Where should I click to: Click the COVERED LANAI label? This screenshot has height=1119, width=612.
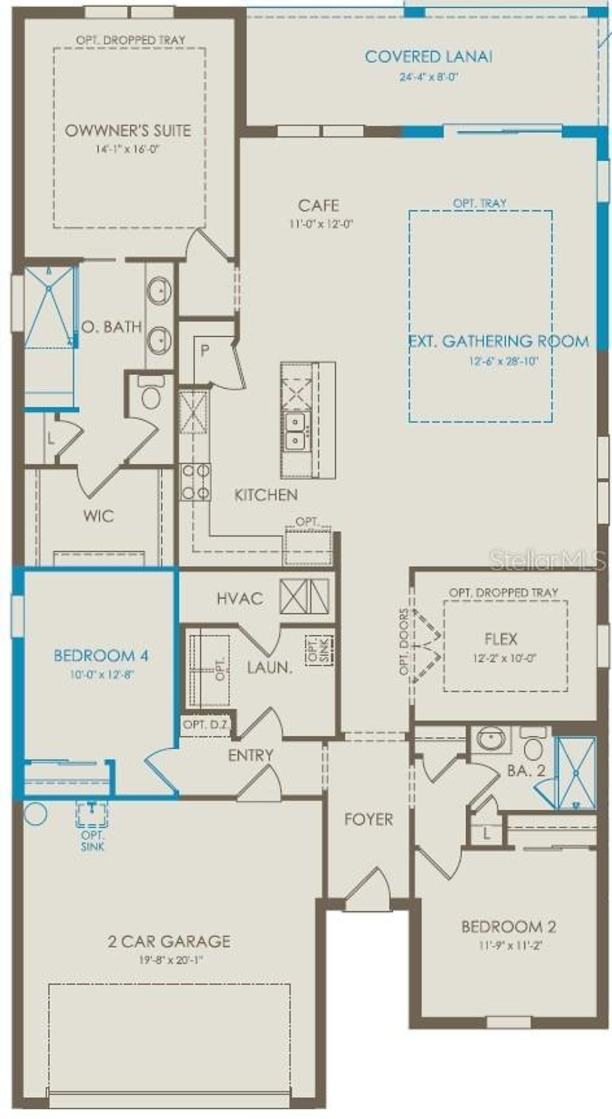click(429, 57)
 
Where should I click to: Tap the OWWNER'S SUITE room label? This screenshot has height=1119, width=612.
click(128, 131)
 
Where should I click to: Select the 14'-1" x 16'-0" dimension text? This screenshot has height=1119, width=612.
click(128, 149)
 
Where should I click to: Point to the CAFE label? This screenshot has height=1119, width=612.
click(319, 205)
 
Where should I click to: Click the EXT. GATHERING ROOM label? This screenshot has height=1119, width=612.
click(499, 342)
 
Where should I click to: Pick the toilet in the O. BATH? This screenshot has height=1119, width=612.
click(150, 394)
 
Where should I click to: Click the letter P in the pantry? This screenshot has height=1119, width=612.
click(204, 351)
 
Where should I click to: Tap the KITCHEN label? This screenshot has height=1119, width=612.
click(266, 494)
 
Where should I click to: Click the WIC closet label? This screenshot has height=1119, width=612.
click(99, 515)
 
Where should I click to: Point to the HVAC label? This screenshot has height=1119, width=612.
click(240, 598)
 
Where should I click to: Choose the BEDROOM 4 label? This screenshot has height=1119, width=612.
click(101, 656)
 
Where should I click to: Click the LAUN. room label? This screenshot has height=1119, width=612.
click(270, 668)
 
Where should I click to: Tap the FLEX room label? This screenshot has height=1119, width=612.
click(501, 640)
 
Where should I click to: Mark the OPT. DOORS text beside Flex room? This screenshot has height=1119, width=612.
click(405, 642)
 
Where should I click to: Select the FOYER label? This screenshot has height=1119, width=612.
click(369, 819)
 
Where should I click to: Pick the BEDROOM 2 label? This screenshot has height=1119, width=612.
click(509, 927)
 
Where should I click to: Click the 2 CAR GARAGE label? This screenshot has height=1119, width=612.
click(169, 942)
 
